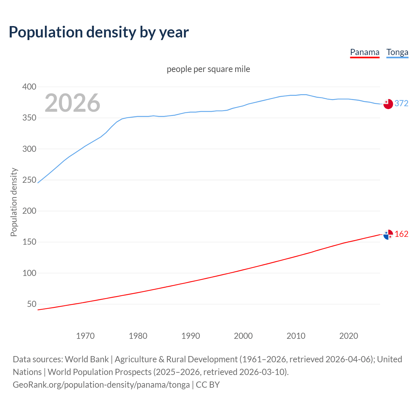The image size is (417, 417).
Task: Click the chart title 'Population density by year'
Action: pos(99,32)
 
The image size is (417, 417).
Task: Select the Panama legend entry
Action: pos(365,52)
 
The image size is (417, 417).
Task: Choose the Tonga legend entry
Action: pos(397,52)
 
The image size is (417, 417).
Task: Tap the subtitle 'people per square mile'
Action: pos(208,69)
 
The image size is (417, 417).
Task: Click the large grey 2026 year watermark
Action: pos(72,103)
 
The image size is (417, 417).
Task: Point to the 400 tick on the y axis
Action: pos(29,87)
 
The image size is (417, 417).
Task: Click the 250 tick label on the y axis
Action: pos(29,180)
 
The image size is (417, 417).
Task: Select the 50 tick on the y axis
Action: pos(32,304)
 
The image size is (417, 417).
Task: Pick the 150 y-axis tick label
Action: pos(29,242)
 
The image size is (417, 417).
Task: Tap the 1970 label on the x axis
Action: pos(85,336)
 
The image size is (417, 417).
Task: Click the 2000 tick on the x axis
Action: pos(243,336)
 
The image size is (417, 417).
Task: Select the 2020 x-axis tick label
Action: pos(349,336)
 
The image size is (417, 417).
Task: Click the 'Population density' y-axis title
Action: pos(14,202)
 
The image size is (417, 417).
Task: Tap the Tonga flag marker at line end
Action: pos(388,104)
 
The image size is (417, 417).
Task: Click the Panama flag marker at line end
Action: pos(388,235)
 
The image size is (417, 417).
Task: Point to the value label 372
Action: pos(401,103)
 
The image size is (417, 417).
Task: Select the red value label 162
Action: pos(401,234)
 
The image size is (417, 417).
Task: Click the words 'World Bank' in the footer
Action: pos(87,359)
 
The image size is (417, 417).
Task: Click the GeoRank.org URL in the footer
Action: pos(101,385)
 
